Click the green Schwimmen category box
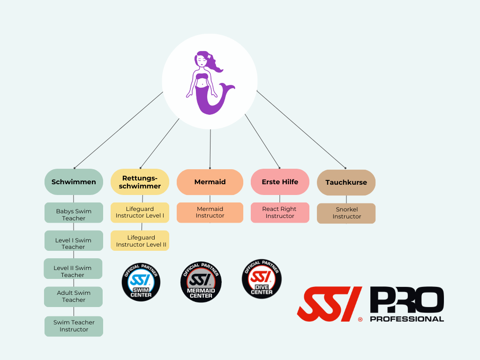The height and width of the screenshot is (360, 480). pyautogui.click(x=74, y=182)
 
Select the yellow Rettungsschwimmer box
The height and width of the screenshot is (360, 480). pyautogui.click(x=140, y=182)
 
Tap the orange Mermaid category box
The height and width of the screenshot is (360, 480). pyautogui.click(x=210, y=182)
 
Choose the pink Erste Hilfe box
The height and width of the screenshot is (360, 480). pyautogui.click(x=280, y=182)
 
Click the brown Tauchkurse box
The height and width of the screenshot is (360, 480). pyautogui.click(x=346, y=182)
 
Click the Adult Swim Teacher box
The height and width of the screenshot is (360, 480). pyautogui.click(x=74, y=297)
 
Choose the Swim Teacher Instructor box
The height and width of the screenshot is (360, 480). pyautogui.click(x=74, y=326)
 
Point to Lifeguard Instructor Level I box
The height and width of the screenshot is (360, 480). pyautogui.click(x=140, y=212)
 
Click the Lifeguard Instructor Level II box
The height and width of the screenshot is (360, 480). pyautogui.click(x=140, y=240)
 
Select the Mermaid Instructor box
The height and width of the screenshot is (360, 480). pyautogui.click(x=210, y=212)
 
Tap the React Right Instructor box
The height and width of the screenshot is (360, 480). pyautogui.click(x=280, y=212)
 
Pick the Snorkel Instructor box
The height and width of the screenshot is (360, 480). pyautogui.click(x=346, y=213)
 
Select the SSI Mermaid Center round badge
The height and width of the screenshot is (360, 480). pyautogui.click(x=201, y=282)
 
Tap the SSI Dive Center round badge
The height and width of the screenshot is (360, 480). pyautogui.click(x=262, y=280)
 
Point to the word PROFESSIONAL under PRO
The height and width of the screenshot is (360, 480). pyautogui.click(x=406, y=319)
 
